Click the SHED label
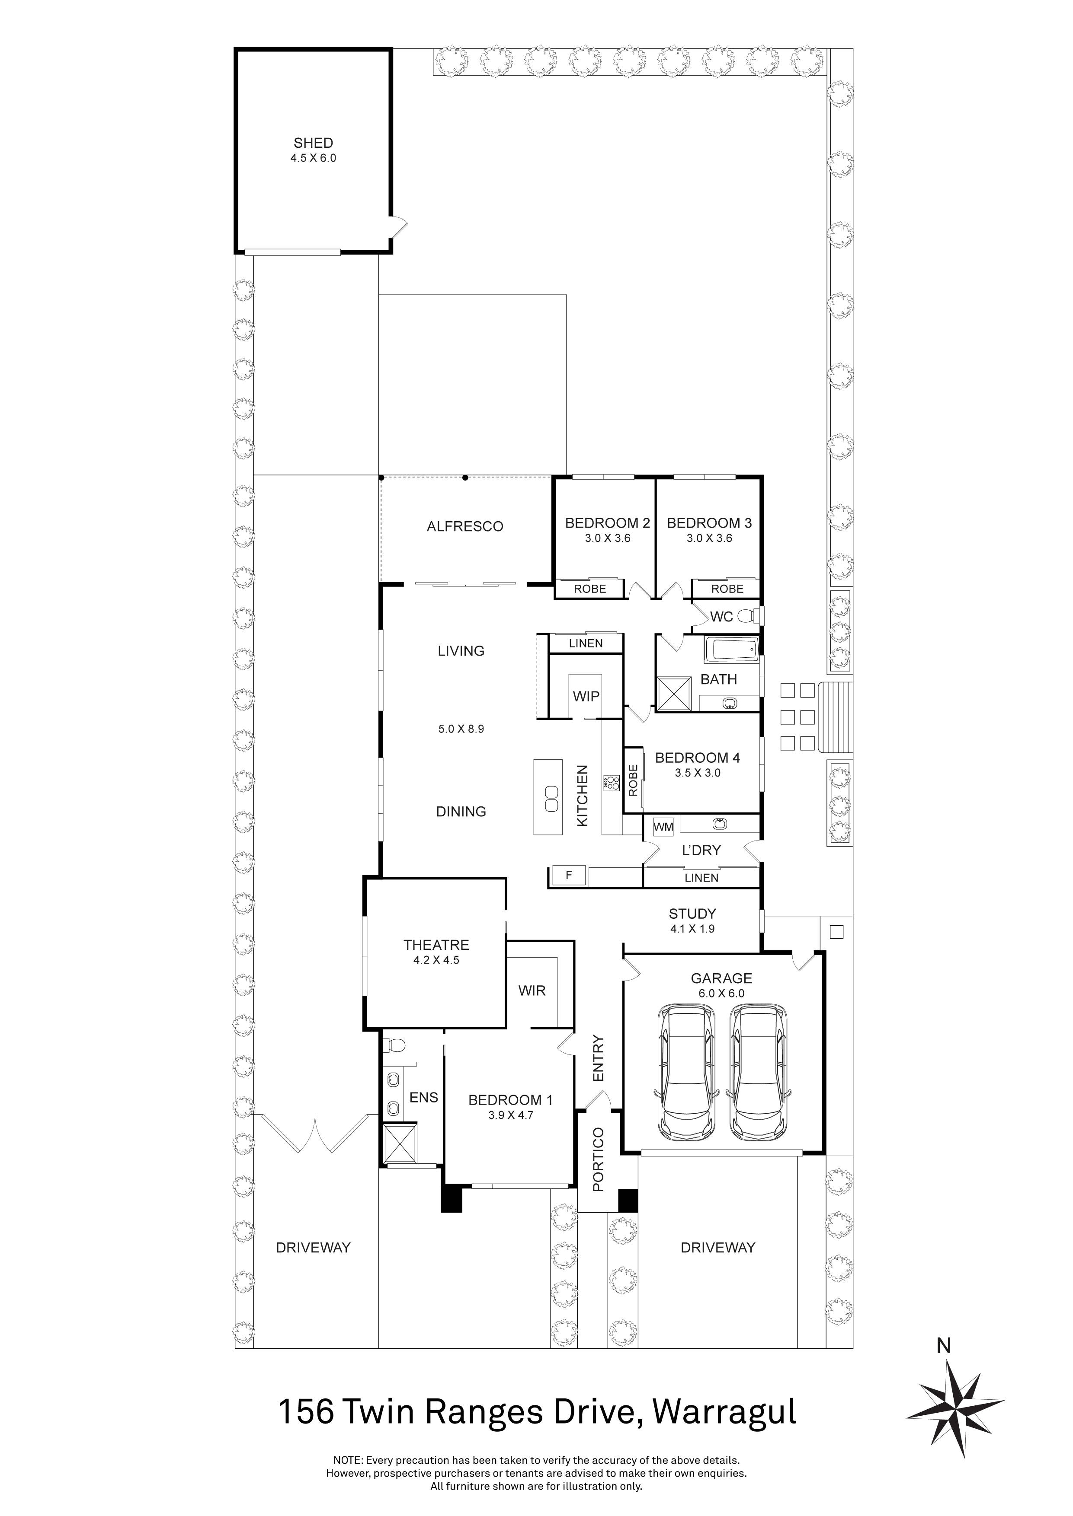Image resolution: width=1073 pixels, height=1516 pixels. [313, 143]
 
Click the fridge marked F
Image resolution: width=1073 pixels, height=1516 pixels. [568, 876]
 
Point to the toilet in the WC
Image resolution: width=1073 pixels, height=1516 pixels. [748, 617]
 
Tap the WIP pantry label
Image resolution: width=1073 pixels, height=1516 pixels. [586, 696]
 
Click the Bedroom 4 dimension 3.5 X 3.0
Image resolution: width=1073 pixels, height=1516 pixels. [697, 773]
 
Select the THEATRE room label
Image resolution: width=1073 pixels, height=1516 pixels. [436, 945]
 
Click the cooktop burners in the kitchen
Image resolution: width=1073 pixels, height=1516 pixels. [611, 783]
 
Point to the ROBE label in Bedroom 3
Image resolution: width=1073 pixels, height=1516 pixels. [727, 589]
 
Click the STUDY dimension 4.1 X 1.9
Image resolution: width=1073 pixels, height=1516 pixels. [692, 928]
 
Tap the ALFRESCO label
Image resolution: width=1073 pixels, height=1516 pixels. [464, 527]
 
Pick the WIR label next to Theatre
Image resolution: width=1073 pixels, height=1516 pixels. [532, 990]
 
